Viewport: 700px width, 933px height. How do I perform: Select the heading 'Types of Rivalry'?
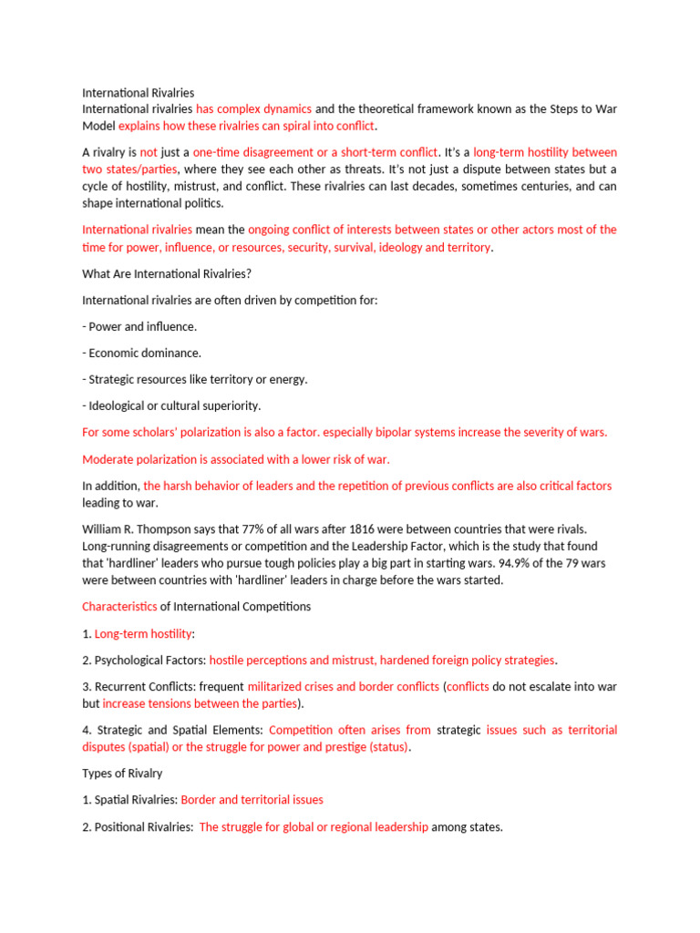tap(122, 774)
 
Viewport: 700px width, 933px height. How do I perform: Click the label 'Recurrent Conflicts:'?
tap(145, 686)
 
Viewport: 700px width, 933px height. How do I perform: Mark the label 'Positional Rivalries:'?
tap(144, 827)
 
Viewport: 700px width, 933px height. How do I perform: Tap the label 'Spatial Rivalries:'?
tap(136, 800)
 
